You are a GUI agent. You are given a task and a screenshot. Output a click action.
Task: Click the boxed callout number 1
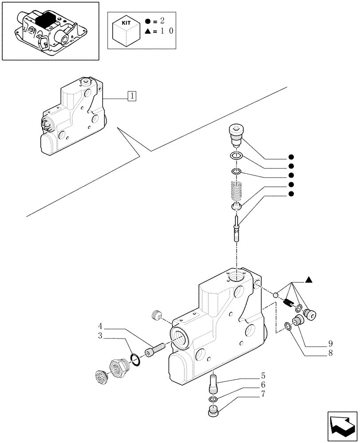tap(132, 95)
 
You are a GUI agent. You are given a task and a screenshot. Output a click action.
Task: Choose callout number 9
tap(330, 343)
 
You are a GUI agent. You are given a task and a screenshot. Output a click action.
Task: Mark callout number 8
tap(330, 353)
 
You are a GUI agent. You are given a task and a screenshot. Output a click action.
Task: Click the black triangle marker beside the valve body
tap(309, 280)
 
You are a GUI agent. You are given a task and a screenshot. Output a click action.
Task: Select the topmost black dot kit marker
tap(291, 157)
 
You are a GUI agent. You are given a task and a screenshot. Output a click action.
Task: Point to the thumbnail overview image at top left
tap(50, 31)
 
